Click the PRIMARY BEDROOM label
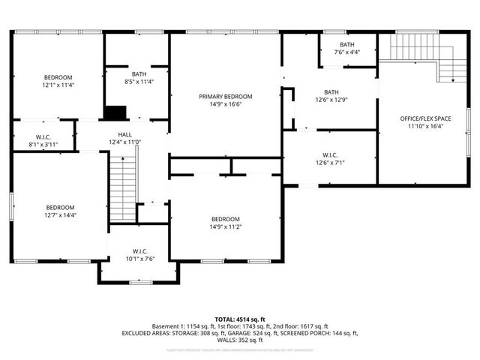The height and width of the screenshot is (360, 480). pos(225,96)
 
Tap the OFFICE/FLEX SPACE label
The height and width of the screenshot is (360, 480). pos(424,118)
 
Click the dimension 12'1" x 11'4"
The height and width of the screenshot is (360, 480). pos(58,85)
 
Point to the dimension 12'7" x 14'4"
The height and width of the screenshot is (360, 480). pos(60,215)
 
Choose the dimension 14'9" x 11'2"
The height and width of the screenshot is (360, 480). pos(225,226)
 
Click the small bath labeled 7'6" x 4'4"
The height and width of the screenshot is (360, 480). pos(346,52)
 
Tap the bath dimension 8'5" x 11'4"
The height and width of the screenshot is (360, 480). pos(139,82)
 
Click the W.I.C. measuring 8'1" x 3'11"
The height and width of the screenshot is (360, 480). pos(43,142)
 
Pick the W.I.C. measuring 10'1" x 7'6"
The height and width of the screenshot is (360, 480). pos(139,259)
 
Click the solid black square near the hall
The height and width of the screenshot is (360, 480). pos(114,113)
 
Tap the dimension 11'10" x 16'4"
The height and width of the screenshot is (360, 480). pos(424,127)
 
